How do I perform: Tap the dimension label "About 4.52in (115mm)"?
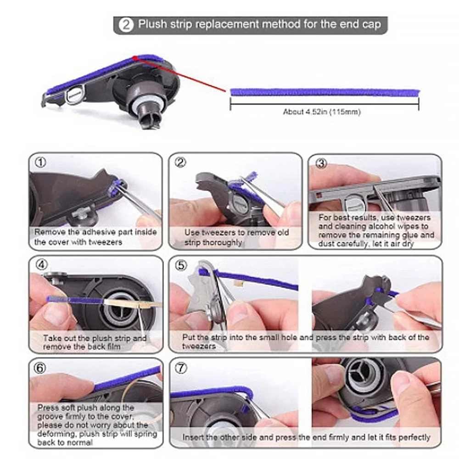click(x=321, y=112)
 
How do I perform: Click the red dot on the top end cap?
click(x=134, y=58)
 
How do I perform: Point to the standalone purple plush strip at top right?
click(x=324, y=92)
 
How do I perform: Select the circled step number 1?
click(x=41, y=162)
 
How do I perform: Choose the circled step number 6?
click(x=41, y=368)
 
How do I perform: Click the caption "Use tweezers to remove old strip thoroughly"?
click(x=236, y=237)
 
